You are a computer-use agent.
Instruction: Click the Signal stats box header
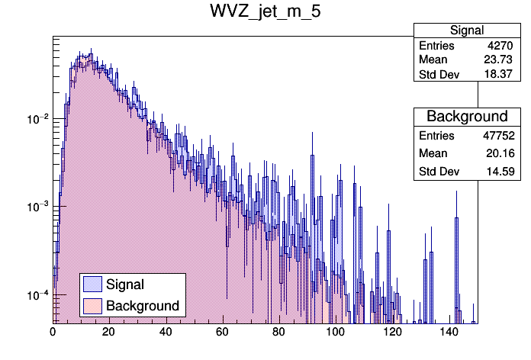point(466,31)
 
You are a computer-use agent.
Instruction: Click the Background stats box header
point(466,117)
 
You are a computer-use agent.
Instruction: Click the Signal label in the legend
point(125,284)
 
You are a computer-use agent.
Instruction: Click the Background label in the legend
point(143,306)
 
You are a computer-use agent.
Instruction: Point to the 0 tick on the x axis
point(53,332)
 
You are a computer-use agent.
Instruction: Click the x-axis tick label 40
point(166,332)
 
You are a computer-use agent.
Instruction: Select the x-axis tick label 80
point(278,332)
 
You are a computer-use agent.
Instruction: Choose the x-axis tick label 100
point(334,332)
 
